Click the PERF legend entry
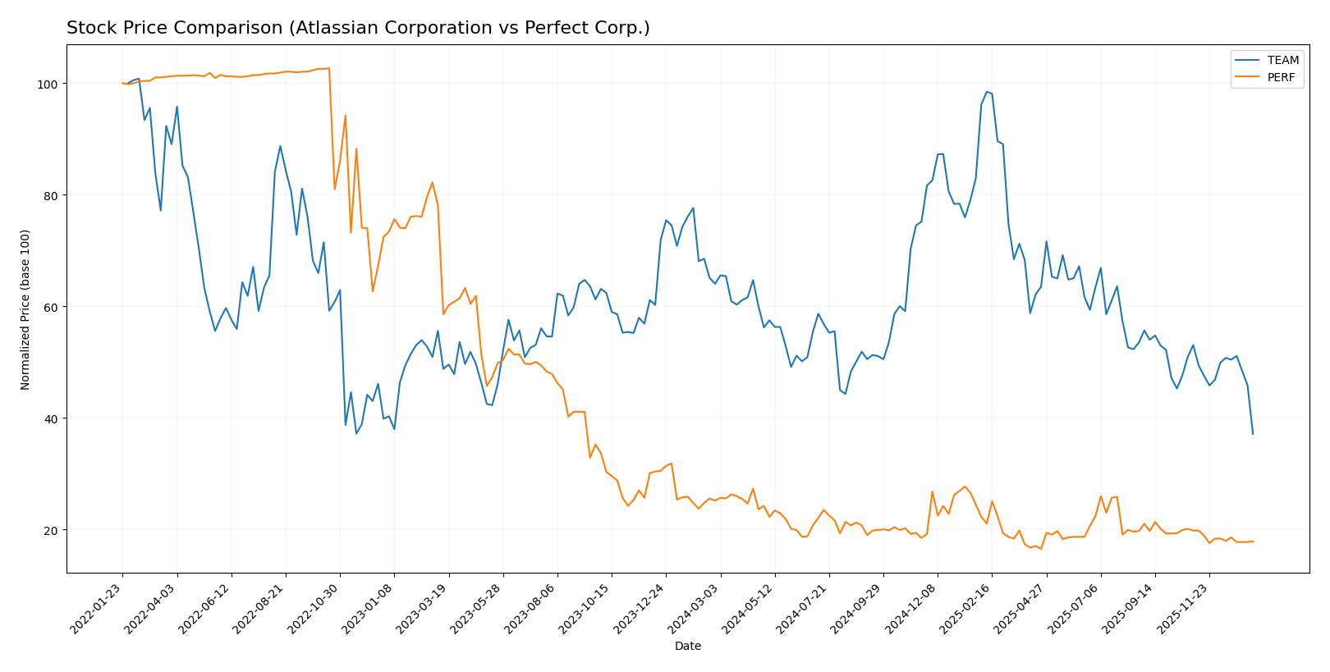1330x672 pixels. [1281, 78]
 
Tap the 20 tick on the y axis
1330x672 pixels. [51, 530]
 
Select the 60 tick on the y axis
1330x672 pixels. [51, 307]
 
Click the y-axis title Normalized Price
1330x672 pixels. [25, 309]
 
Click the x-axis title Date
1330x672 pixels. [687, 647]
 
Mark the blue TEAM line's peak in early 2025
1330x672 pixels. [987, 92]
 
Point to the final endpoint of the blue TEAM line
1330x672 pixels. [1253, 434]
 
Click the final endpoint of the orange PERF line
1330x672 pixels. [1253, 542]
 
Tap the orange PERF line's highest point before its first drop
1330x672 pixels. [329, 68]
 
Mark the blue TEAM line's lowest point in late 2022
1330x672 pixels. [356, 433]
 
